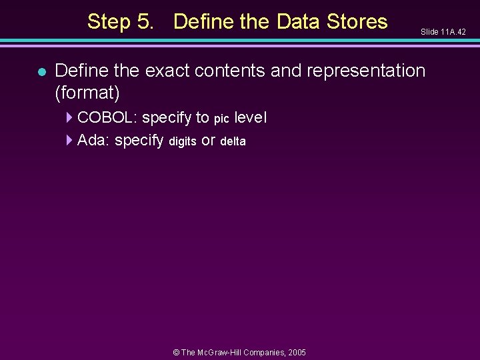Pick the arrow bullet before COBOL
70,118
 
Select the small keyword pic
221,119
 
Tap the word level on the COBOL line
251,118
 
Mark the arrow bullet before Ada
70,140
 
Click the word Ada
93,140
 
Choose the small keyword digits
182,141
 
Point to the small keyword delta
233,141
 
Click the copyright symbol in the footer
176,352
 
